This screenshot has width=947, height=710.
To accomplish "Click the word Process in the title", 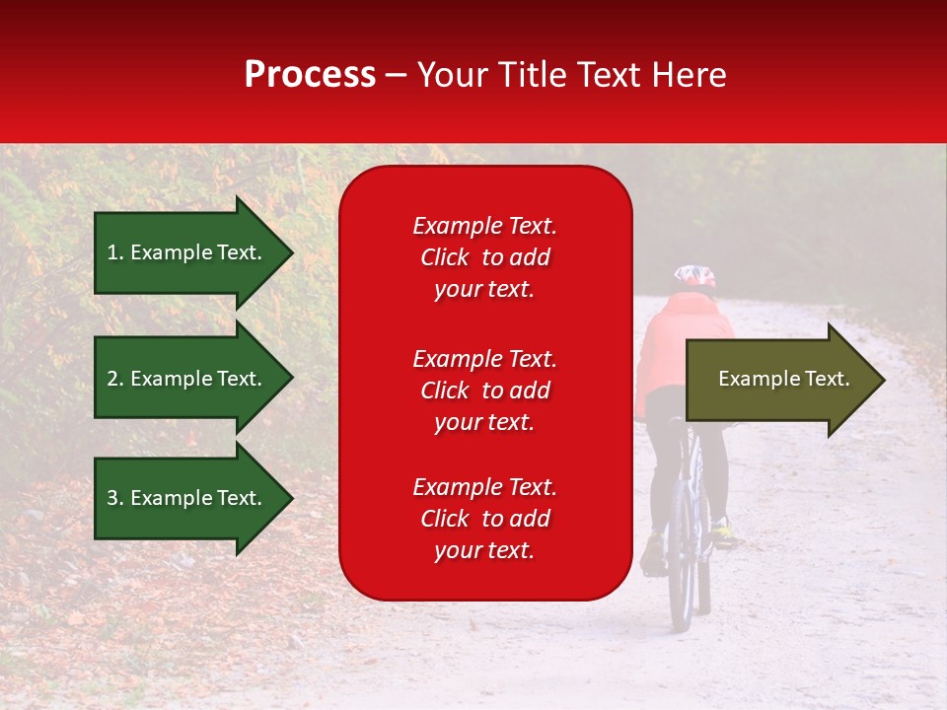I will [310, 75].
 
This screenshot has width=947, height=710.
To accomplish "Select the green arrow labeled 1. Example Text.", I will [187, 252].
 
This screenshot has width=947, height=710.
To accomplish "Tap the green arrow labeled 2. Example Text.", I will [187, 379].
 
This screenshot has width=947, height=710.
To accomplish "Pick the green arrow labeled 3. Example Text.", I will [187, 498].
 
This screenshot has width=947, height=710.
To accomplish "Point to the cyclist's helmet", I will [694, 276].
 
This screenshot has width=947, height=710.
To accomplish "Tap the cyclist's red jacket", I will [681, 345].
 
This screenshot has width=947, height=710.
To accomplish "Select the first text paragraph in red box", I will [484, 257].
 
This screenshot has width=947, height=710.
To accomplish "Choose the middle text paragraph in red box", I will [484, 390].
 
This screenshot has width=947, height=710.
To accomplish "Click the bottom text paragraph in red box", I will [484, 519].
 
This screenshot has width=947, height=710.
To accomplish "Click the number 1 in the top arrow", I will [112, 252].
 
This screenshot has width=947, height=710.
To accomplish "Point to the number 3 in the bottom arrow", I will [112, 498].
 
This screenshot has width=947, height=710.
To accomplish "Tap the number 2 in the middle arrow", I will [112, 379].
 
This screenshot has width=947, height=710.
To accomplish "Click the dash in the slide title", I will [397, 76].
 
